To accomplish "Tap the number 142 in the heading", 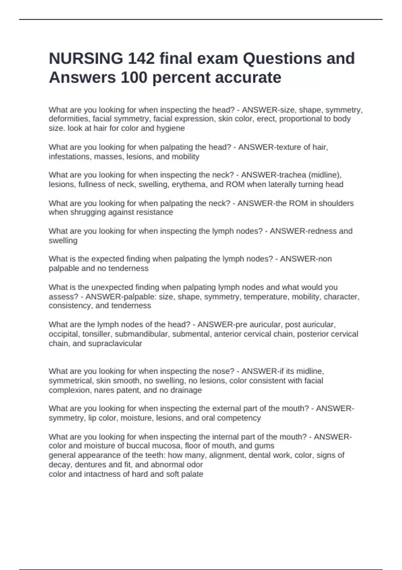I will click(141, 59).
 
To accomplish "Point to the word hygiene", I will click(171, 128).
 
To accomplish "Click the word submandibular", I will click(146, 334).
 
